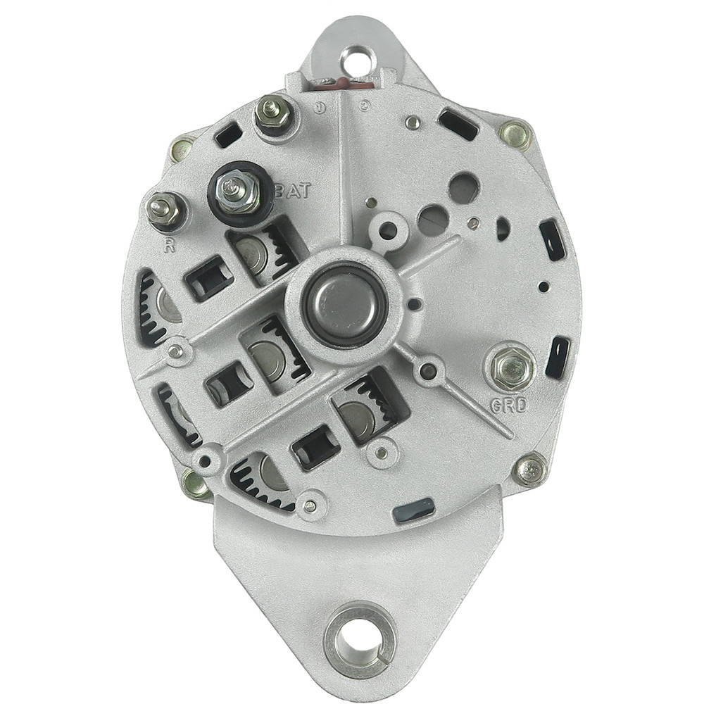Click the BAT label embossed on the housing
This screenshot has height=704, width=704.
click(292, 191)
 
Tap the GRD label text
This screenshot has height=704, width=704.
click(508, 406)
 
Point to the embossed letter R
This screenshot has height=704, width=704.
click(169, 246)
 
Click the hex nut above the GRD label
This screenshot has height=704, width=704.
click(513, 368)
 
